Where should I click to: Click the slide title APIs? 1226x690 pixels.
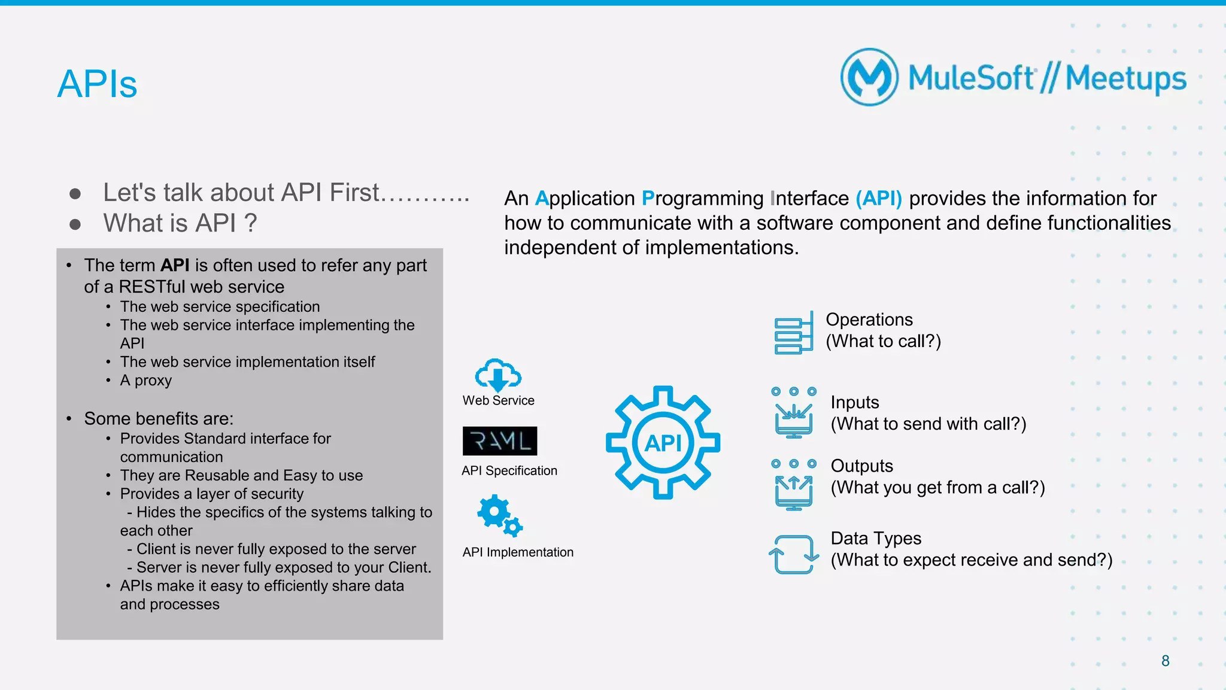[x=97, y=84]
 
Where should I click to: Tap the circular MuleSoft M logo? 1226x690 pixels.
[x=869, y=77]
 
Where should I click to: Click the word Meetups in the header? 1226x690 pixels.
[x=1125, y=78]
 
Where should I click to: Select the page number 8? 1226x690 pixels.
[x=1165, y=661]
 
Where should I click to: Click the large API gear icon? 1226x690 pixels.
[x=663, y=442]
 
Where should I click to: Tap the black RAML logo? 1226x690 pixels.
[x=499, y=441]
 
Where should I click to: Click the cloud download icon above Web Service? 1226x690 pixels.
[x=498, y=375]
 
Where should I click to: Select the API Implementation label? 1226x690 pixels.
[x=518, y=552]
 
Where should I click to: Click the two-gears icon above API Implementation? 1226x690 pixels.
[x=499, y=515]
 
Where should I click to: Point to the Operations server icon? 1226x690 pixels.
[x=794, y=333]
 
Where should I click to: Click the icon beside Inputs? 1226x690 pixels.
[x=794, y=412]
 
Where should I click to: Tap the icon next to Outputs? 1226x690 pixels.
[x=794, y=484]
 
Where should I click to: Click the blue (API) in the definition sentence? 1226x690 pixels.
[x=878, y=198]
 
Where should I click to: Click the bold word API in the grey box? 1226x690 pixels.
[x=175, y=265]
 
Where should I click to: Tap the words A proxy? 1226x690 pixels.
[x=145, y=381]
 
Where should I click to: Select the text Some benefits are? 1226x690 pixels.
[x=159, y=418]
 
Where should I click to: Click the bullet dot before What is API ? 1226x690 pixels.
[x=75, y=224]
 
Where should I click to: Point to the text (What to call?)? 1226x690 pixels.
[x=883, y=341]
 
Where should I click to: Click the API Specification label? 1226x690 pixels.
[x=509, y=471]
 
